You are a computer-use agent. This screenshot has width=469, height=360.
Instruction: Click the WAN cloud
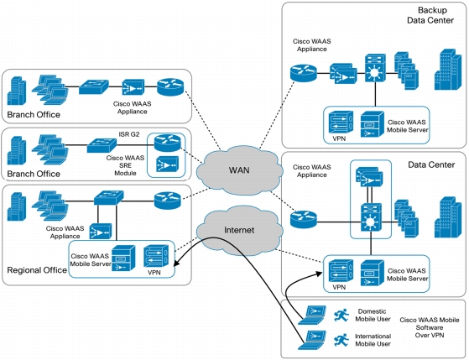pos(239,170)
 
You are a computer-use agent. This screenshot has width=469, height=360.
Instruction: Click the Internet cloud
pos(239,230)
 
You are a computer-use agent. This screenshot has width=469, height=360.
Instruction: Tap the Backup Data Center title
pos(430,15)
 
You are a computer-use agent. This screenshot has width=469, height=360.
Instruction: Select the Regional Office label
pos(37,270)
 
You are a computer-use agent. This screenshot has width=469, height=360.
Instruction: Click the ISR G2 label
pos(129,134)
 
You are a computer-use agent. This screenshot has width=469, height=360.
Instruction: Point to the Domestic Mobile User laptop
pos(311,315)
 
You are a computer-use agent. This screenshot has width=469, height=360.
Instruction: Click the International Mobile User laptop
pos(311,340)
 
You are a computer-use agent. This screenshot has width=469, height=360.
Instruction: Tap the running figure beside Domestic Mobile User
pos(341,316)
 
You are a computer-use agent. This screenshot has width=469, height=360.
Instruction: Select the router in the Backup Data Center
pos(303,73)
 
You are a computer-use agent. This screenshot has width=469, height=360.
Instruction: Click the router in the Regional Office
pos(168,201)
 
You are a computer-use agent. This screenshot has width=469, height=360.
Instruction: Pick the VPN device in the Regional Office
pos(156,256)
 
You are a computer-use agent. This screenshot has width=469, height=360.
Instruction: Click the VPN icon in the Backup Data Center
pos(341,122)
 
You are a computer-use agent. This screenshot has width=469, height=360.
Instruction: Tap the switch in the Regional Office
pos(108,197)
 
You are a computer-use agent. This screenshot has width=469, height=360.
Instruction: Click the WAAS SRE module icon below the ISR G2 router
pos(167,164)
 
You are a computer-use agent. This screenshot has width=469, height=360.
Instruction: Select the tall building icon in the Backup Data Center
pos(447,70)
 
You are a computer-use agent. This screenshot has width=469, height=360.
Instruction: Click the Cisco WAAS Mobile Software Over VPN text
pos(430,327)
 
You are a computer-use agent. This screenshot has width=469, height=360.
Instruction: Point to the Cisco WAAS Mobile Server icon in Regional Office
pos(123,258)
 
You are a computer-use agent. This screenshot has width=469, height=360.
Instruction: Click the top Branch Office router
pos(170,87)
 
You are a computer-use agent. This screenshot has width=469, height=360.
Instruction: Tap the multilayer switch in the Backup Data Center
pos(375,68)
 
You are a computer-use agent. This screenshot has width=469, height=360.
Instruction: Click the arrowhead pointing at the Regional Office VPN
pos(176,263)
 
